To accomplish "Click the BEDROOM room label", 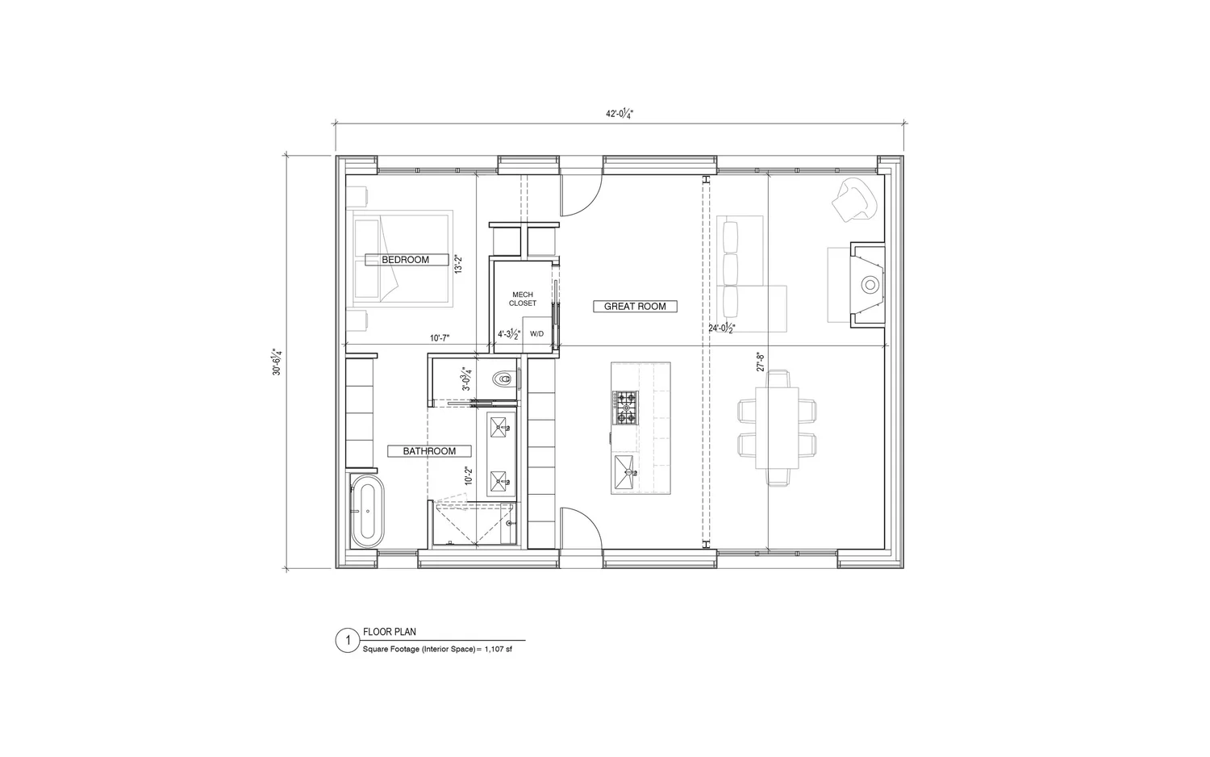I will pyautogui.click(x=405, y=260).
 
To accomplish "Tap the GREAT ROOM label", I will pyautogui.click(x=635, y=307).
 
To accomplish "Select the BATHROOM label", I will pyautogui.click(x=429, y=451).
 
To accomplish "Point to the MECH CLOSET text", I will pyautogui.click(x=522, y=299).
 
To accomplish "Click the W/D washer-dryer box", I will pyautogui.click(x=536, y=334).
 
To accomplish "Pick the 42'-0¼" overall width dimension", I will pyautogui.click(x=620, y=114).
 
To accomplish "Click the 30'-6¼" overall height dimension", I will pyautogui.click(x=277, y=362).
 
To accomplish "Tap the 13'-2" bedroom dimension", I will pyautogui.click(x=458, y=264).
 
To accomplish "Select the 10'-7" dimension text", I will pyautogui.click(x=440, y=339).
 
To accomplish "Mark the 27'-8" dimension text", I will pyautogui.click(x=759, y=361).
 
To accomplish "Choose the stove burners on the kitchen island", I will pyautogui.click(x=625, y=408).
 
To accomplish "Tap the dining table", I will pyautogui.click(x=776, y=428).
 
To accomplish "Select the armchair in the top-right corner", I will pyautogui.click(x=853, y=199).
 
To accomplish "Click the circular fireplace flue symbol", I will pyautogui.click(x=870, y=285).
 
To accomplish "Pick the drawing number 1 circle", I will pyautogui.click(x=347, y=641).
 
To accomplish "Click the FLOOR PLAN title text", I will pyautogui.click(x=390, y=632).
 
